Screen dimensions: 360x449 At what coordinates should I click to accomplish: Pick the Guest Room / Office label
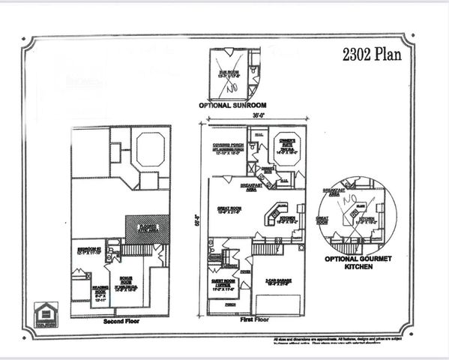click(x=222, y=283)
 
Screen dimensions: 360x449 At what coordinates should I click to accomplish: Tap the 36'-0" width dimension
click(x=252, y=117)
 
